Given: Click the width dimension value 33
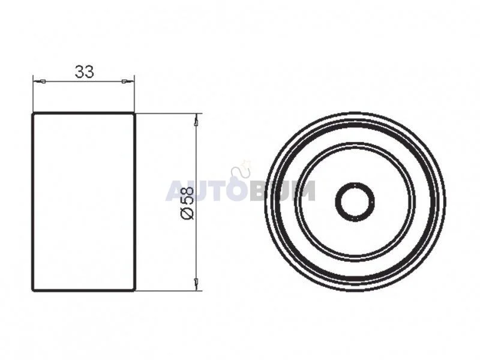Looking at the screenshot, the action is coord(84,71).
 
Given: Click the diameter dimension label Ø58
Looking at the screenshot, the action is coord(188,203).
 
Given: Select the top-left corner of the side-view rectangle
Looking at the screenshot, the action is coord(33,113).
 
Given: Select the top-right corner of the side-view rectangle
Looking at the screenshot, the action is coord(134,113).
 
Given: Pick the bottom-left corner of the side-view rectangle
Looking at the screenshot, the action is coord(33,290).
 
